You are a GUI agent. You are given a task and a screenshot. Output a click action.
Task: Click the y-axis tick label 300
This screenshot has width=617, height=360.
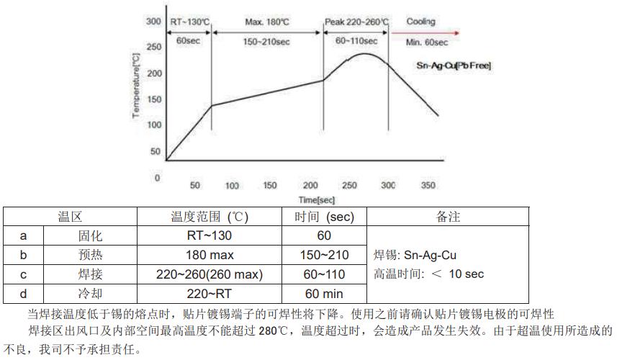[x=153, y=22]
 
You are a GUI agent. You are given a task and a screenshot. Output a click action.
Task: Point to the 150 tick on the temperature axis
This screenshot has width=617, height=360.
[x=153, y=99]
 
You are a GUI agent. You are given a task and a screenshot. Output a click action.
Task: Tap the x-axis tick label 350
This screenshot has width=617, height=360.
[x=428, y=185]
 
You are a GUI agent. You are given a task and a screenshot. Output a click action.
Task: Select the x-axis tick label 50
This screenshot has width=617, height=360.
[x=194, y=185]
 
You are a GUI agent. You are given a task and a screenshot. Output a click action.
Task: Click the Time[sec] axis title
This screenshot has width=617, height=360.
[x=317, y=199]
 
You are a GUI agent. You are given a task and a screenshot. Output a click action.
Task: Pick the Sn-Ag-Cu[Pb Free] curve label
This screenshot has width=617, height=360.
[x=454, y=66]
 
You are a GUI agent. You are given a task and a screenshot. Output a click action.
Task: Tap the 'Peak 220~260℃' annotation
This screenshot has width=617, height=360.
[x=356, y=22]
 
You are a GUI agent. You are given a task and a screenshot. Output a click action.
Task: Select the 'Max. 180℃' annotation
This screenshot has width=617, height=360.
[x=266, y=22]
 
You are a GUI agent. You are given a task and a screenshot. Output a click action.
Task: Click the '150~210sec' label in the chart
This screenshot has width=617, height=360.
[x=267, y=42]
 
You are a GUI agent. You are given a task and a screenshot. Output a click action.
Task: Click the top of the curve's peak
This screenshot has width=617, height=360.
[x=366, y=53]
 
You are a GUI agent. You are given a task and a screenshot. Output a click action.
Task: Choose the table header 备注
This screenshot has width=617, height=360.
[x=448, y=217]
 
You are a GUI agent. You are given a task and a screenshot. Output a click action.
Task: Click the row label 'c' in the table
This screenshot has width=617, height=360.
[x=24, y=274]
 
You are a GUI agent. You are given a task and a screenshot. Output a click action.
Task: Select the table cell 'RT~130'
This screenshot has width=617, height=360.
[x=209, y=235]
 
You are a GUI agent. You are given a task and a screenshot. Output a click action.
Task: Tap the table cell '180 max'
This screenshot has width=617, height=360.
[x=209, y=255]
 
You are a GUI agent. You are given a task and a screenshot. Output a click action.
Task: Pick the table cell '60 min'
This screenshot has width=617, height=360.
[x=323, y=294]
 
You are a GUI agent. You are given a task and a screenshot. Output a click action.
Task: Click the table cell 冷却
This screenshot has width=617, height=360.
[x=90, y=294]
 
